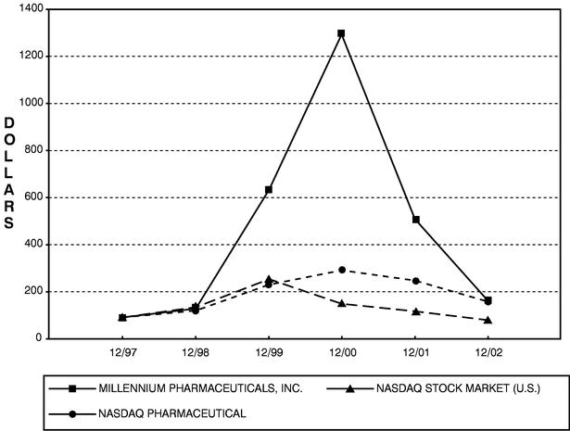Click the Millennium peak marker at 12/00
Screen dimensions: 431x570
pos(342,33)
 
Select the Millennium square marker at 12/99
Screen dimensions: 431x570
pos(269,190)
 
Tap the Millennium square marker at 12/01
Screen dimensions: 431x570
pos(416,220)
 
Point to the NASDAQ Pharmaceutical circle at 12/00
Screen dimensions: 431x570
pos(342,270)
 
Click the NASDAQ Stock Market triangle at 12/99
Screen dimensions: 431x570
pos(269,279)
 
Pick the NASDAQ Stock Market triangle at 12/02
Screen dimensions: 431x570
pos(489,320)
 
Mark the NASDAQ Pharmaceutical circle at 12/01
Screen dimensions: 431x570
pos(416,280)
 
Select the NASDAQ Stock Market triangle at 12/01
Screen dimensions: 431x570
pos(416,311)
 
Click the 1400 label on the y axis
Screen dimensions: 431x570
pos(31,9)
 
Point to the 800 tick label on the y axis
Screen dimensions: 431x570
pos(34,150)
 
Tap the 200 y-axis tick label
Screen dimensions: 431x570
pos(34,291)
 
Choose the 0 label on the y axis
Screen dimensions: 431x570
pos(42,338)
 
